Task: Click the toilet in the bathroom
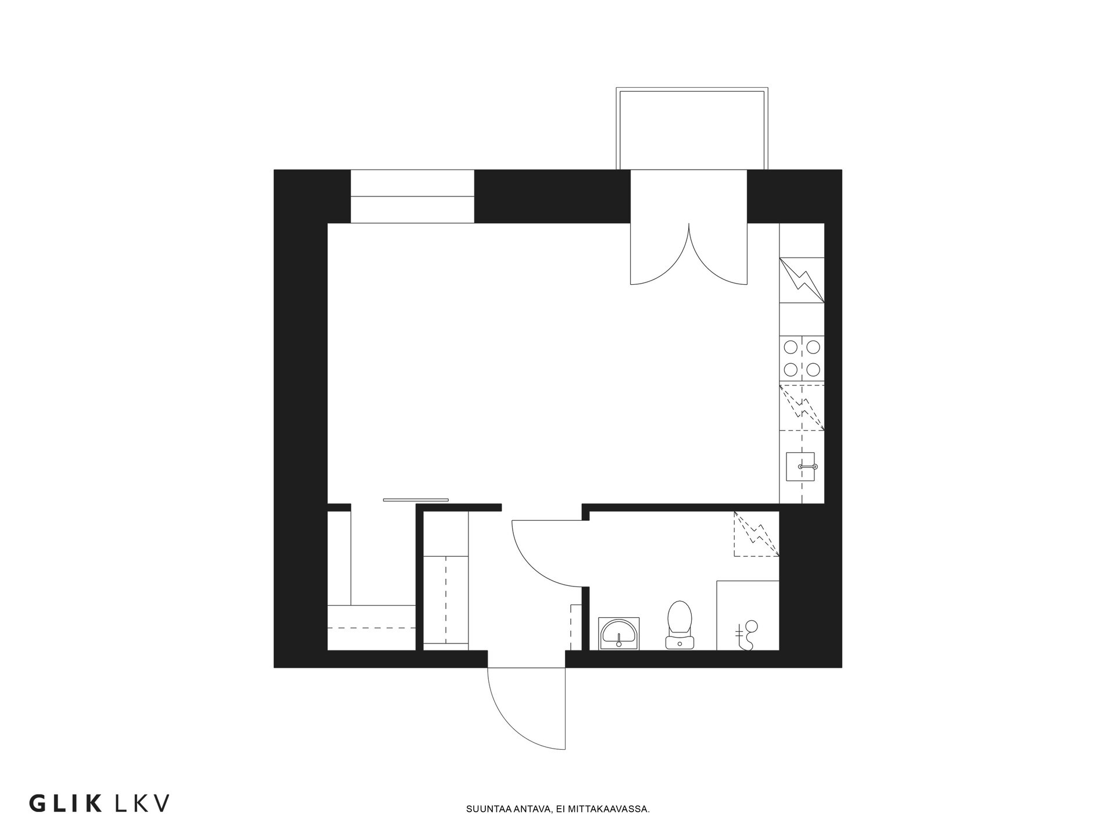click(x=679, y=625)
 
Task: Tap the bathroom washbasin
click(x=618, y=634)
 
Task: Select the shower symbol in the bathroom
click(x=747, y=635)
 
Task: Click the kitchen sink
click(x=800, y=467)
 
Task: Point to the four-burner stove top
click(x=802, y=359)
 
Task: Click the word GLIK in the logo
click(x=66, y=803)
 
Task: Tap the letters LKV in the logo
click(x=143, y=803)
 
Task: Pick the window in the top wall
click(x=412, y=196)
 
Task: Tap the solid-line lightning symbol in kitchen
click(x=802, y=280)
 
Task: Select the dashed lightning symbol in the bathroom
click(x=756, y=534)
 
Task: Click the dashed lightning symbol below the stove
click(x=802, y=407)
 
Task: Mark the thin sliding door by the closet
click(x=416, y=499)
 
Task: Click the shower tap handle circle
click(x=752, y=626)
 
